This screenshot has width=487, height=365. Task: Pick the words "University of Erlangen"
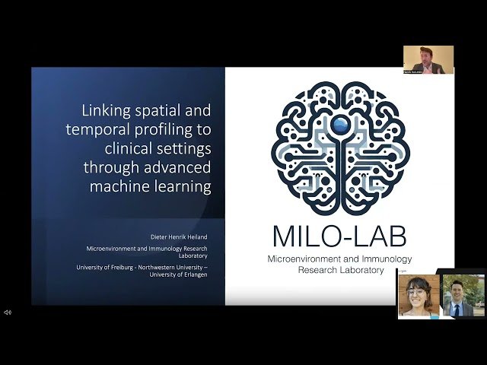[180, 275]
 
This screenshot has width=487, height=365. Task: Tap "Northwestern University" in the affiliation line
[169, 267]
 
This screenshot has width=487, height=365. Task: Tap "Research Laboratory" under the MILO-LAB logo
[340, 270]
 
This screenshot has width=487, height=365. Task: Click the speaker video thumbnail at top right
[428, 60]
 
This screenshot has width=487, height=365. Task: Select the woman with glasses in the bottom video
[419, 297]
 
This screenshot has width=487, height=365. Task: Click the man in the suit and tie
[463, 297]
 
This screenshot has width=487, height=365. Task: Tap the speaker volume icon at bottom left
[8, 313]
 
